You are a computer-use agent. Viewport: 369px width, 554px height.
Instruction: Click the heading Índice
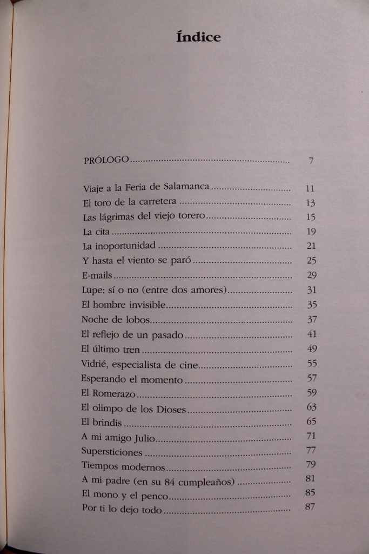click(198, 37)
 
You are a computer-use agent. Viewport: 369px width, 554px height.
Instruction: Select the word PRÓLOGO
click(106, 160)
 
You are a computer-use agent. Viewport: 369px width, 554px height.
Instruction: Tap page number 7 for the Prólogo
click(311, 160)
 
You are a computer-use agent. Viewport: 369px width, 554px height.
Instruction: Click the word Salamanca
click(186, 188)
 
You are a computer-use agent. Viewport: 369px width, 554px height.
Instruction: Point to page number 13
click(310, 203)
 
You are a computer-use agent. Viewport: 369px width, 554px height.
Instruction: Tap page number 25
click(311, 260)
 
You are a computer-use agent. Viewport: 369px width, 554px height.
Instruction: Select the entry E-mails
click(97, 275)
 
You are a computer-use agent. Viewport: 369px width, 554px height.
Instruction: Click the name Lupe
click(91, 289)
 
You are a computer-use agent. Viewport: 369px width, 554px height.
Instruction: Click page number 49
click(311, 348)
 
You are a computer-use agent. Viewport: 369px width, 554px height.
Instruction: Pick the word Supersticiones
click(112, 451)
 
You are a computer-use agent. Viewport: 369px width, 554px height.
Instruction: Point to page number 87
click(310, 507)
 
